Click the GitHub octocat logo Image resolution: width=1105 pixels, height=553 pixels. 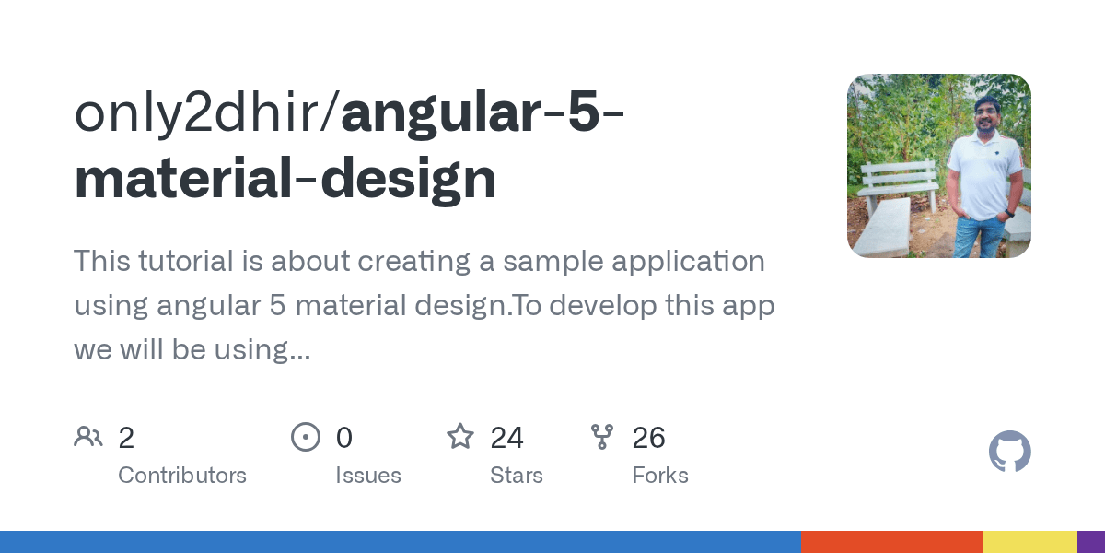tap(1009, 452)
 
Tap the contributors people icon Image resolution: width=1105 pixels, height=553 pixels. tap(88, 437)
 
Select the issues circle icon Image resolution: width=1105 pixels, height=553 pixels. tap(305, 437)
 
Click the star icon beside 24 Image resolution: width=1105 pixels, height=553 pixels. tap(459, 436)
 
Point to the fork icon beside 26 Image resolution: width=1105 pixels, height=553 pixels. tap(602, 437)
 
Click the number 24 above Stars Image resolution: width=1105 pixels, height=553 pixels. tap(506, 438)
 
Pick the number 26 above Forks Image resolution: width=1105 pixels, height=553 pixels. tap(648, 438)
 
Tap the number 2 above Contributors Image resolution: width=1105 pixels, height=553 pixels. tap(126, 438)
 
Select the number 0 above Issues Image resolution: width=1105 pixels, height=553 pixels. tap(343, 438)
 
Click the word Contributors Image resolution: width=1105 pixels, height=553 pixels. tap(182, 476)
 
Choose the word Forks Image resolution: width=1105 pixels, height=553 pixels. tap(660, 476)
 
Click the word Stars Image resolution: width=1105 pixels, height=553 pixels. tap(517, 476)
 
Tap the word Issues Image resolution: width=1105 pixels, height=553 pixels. tap(368, 476)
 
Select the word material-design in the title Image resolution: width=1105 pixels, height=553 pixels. tap(285, 179)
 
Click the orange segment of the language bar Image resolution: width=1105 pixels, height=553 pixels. tap(891, 542)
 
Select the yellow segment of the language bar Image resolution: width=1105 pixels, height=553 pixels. tap(1029, 542)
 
